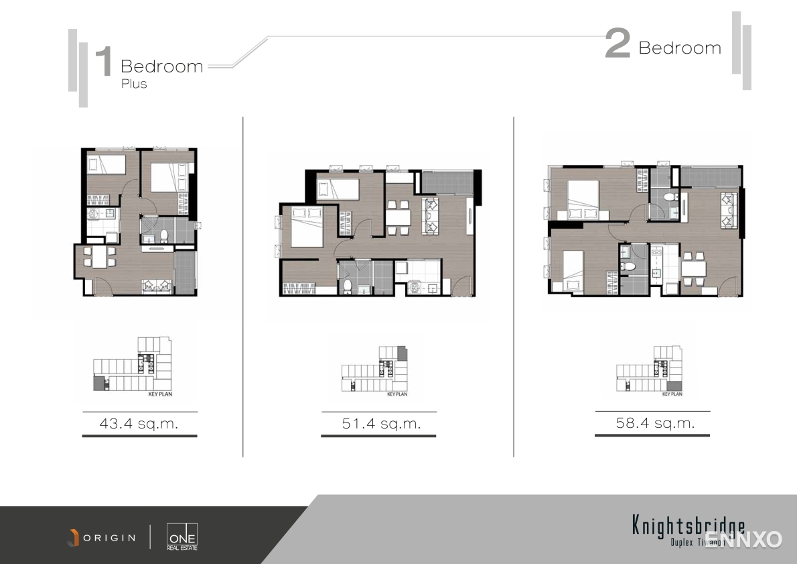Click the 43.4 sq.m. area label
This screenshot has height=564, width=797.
pos(139,424)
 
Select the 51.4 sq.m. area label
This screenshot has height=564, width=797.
pos(380,424)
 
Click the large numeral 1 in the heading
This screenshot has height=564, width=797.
pos(104,62)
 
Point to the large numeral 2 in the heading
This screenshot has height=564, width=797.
pos(617,44)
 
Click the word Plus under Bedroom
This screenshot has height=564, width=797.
pos(134,84)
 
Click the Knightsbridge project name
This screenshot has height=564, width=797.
pos(688,525)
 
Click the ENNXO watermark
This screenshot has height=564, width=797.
pos(743,539)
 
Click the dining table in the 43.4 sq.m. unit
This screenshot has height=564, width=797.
pos(99,257)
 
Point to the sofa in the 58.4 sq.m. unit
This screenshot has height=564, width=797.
pos(728,209)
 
